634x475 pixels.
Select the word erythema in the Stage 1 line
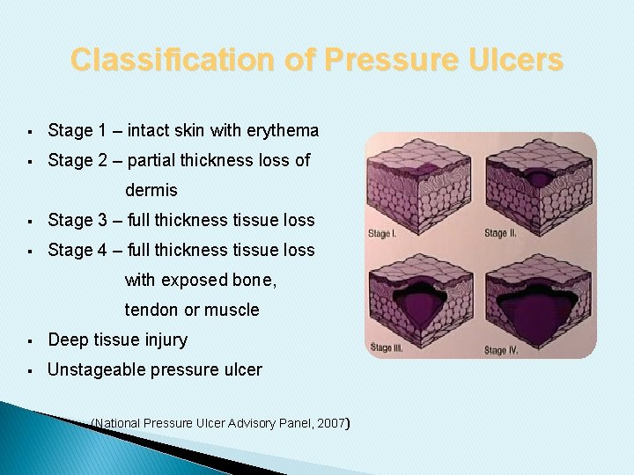[284, 131]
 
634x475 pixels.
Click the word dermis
[151, 190]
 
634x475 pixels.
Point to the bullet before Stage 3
[30, 221]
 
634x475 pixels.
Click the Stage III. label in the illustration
[387, 347]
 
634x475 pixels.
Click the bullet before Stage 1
[30, 132]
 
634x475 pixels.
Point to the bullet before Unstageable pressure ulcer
[30, 370]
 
